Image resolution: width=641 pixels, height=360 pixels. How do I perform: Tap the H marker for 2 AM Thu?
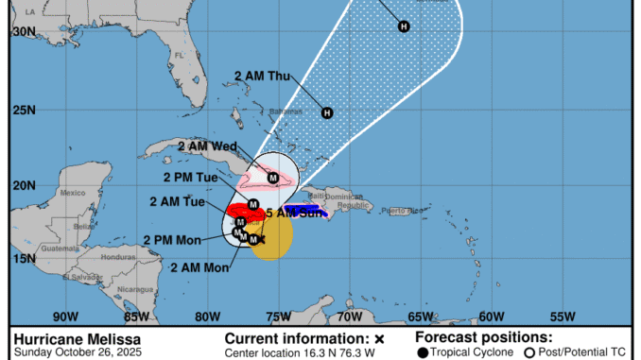click(x=327, y=113)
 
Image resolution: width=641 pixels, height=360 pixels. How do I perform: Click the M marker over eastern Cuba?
click(x=273, y=177)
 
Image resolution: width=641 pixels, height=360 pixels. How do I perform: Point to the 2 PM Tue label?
click(x=190, y=176)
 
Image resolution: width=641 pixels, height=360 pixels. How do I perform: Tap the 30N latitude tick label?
click(x=24, y=31)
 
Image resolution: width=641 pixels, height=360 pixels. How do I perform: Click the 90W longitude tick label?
click(x=65, y=317)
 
